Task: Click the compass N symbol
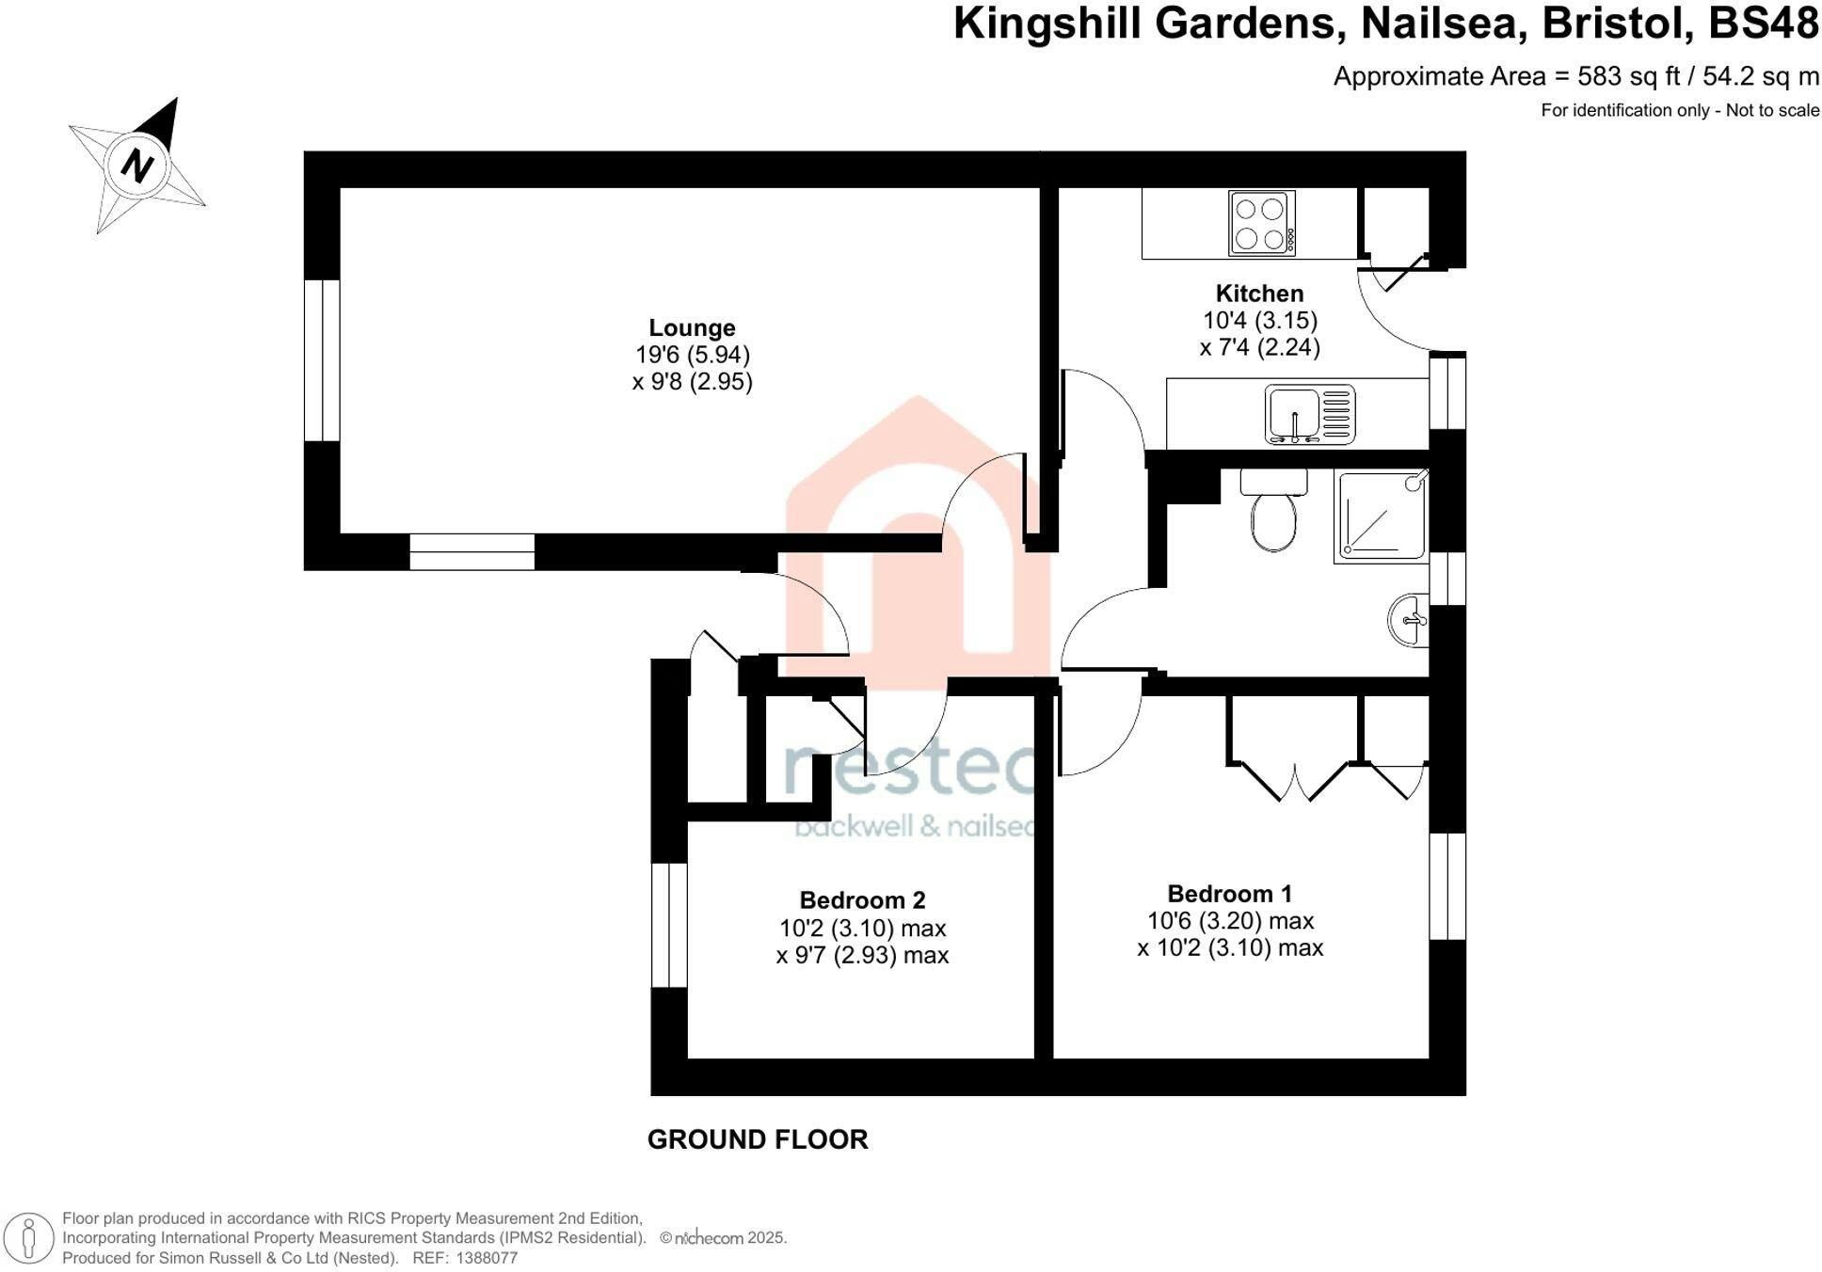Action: (x=137, y=167)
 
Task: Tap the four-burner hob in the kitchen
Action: (x=1261, y=223)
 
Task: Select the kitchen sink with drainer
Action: (x=1309, y=414)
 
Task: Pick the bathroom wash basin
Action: (x=1409, y=620)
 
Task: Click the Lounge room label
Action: (x=692, y=327)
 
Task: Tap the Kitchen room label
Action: (x=1259, y=294)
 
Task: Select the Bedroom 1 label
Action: (x=1229, y=894)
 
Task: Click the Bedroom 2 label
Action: (x=862, y=900)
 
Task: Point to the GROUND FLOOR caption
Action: (x=758, y=1139)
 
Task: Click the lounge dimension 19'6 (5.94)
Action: (x=693, y=355)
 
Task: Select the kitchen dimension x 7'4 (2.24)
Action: (x=1259, y=347)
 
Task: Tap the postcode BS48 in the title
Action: (x=1764, y=24)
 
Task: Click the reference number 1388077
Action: (x=487, y=1258)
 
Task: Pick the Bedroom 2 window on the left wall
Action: (x=669, y=925)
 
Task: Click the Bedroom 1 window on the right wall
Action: (x=1447, y=886)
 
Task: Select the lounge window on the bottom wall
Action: (x=472, y=551)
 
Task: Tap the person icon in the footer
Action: (x=29, y=1237)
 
